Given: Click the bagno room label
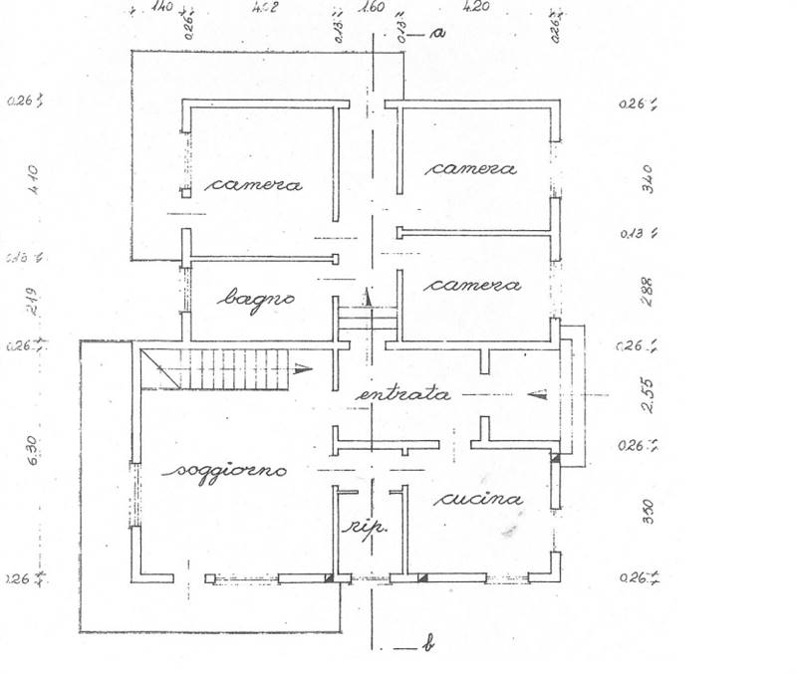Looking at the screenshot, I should pyautogui.click(x=258, y=297).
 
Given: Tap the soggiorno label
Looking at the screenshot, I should pyautogui.click(x=227, y=470).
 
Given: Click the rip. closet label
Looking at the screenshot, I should pyautogui.click(x=367, y=528).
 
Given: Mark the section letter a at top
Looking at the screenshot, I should pyautogui.click(x=437, y=33).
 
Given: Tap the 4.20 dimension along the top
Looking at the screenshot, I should pyautogui.click(x=478, y=8).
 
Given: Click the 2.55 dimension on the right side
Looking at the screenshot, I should pyautogui.click(x=648, y=395).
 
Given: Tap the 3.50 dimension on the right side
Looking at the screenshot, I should pyautogui.click(x=648, y=510).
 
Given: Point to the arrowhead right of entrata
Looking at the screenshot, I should pyautogui.click(x=538, y=392).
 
